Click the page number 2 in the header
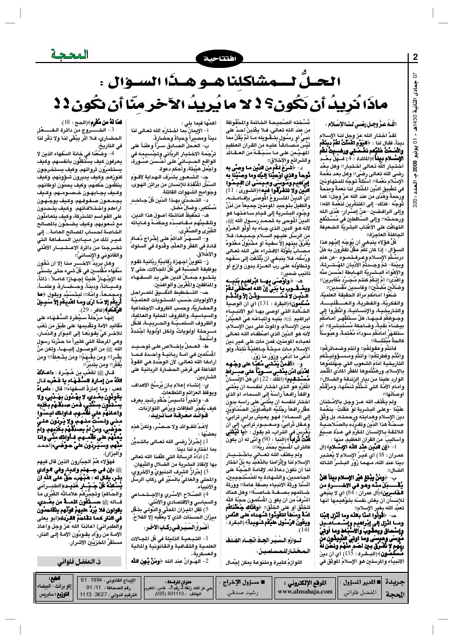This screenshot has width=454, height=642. click(416, 58)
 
